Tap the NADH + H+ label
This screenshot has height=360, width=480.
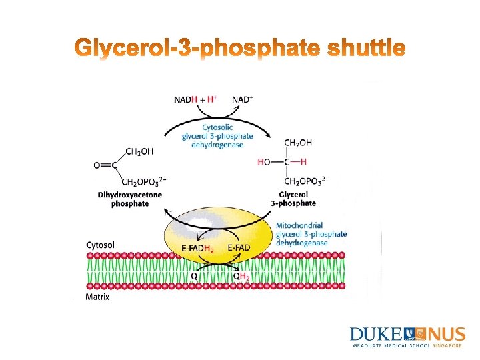(195, 99)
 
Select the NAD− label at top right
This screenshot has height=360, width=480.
(243, 99)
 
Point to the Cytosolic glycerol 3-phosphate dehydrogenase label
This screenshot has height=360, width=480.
(217, 137)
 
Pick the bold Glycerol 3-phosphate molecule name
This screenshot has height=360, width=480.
(293, 199)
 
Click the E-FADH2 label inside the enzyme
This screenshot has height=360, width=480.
(197, 248)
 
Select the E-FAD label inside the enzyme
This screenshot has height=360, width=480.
(239, 248)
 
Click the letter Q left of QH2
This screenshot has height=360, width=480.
(193, 275)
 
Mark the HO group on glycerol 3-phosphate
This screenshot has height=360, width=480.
(264, 161)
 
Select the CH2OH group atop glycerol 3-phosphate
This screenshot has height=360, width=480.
(298, 143)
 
